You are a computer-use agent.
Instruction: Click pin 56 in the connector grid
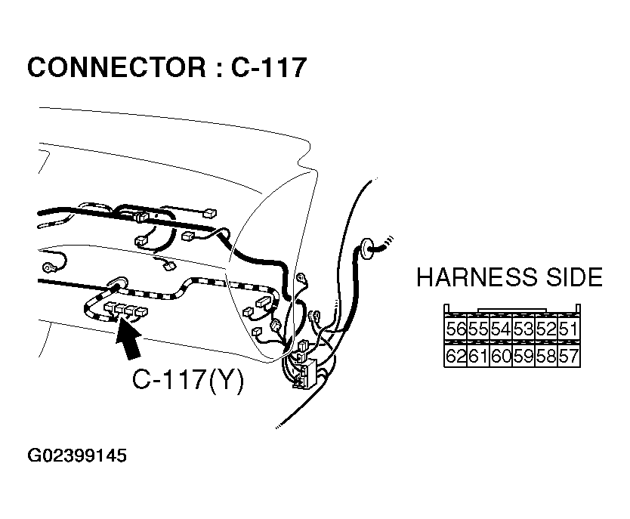pos(456,329)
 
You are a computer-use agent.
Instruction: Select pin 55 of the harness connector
pos(478,329)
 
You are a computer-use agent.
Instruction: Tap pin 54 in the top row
pos(500,329)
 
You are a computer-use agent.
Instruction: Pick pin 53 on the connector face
pos(523,329)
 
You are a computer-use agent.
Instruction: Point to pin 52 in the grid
pos(545,329)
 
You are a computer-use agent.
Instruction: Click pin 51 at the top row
pos(568,329)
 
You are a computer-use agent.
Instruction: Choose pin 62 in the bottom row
pos(456,356)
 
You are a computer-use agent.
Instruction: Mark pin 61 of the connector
pos(478,356)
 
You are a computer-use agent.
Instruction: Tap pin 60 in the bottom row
pos(500,356)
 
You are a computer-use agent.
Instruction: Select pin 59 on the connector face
pos(523,356)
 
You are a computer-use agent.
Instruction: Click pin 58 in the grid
pos(545,356)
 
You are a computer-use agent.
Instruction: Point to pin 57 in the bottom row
pos(568,356)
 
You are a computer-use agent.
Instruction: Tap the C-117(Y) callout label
pos(188,379)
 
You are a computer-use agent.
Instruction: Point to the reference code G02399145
pos(77,456)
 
